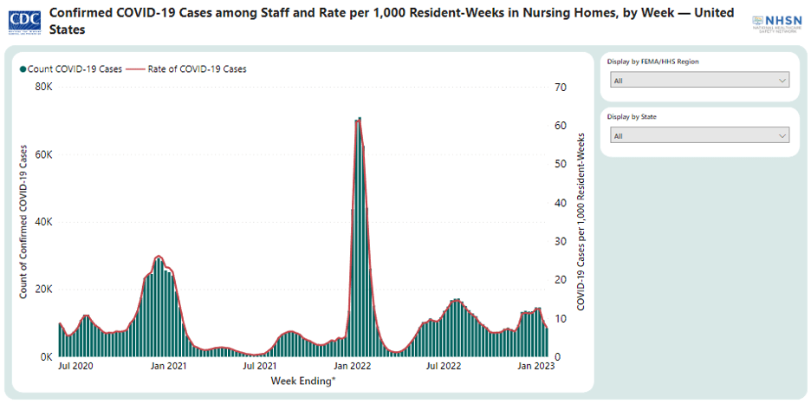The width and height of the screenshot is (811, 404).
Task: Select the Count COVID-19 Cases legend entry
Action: (69, 68)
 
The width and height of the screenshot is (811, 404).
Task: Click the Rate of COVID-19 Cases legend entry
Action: (191, 68)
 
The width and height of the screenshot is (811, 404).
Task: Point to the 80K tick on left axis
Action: (44, 88)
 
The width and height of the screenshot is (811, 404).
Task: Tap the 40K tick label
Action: (44, 222)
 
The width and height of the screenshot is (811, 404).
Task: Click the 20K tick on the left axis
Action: (44, 290)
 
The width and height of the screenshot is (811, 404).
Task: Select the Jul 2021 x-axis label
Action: (260, 367)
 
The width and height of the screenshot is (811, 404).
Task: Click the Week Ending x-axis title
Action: (303, 381)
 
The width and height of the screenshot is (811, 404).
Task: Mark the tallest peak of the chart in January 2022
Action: (358, 119)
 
